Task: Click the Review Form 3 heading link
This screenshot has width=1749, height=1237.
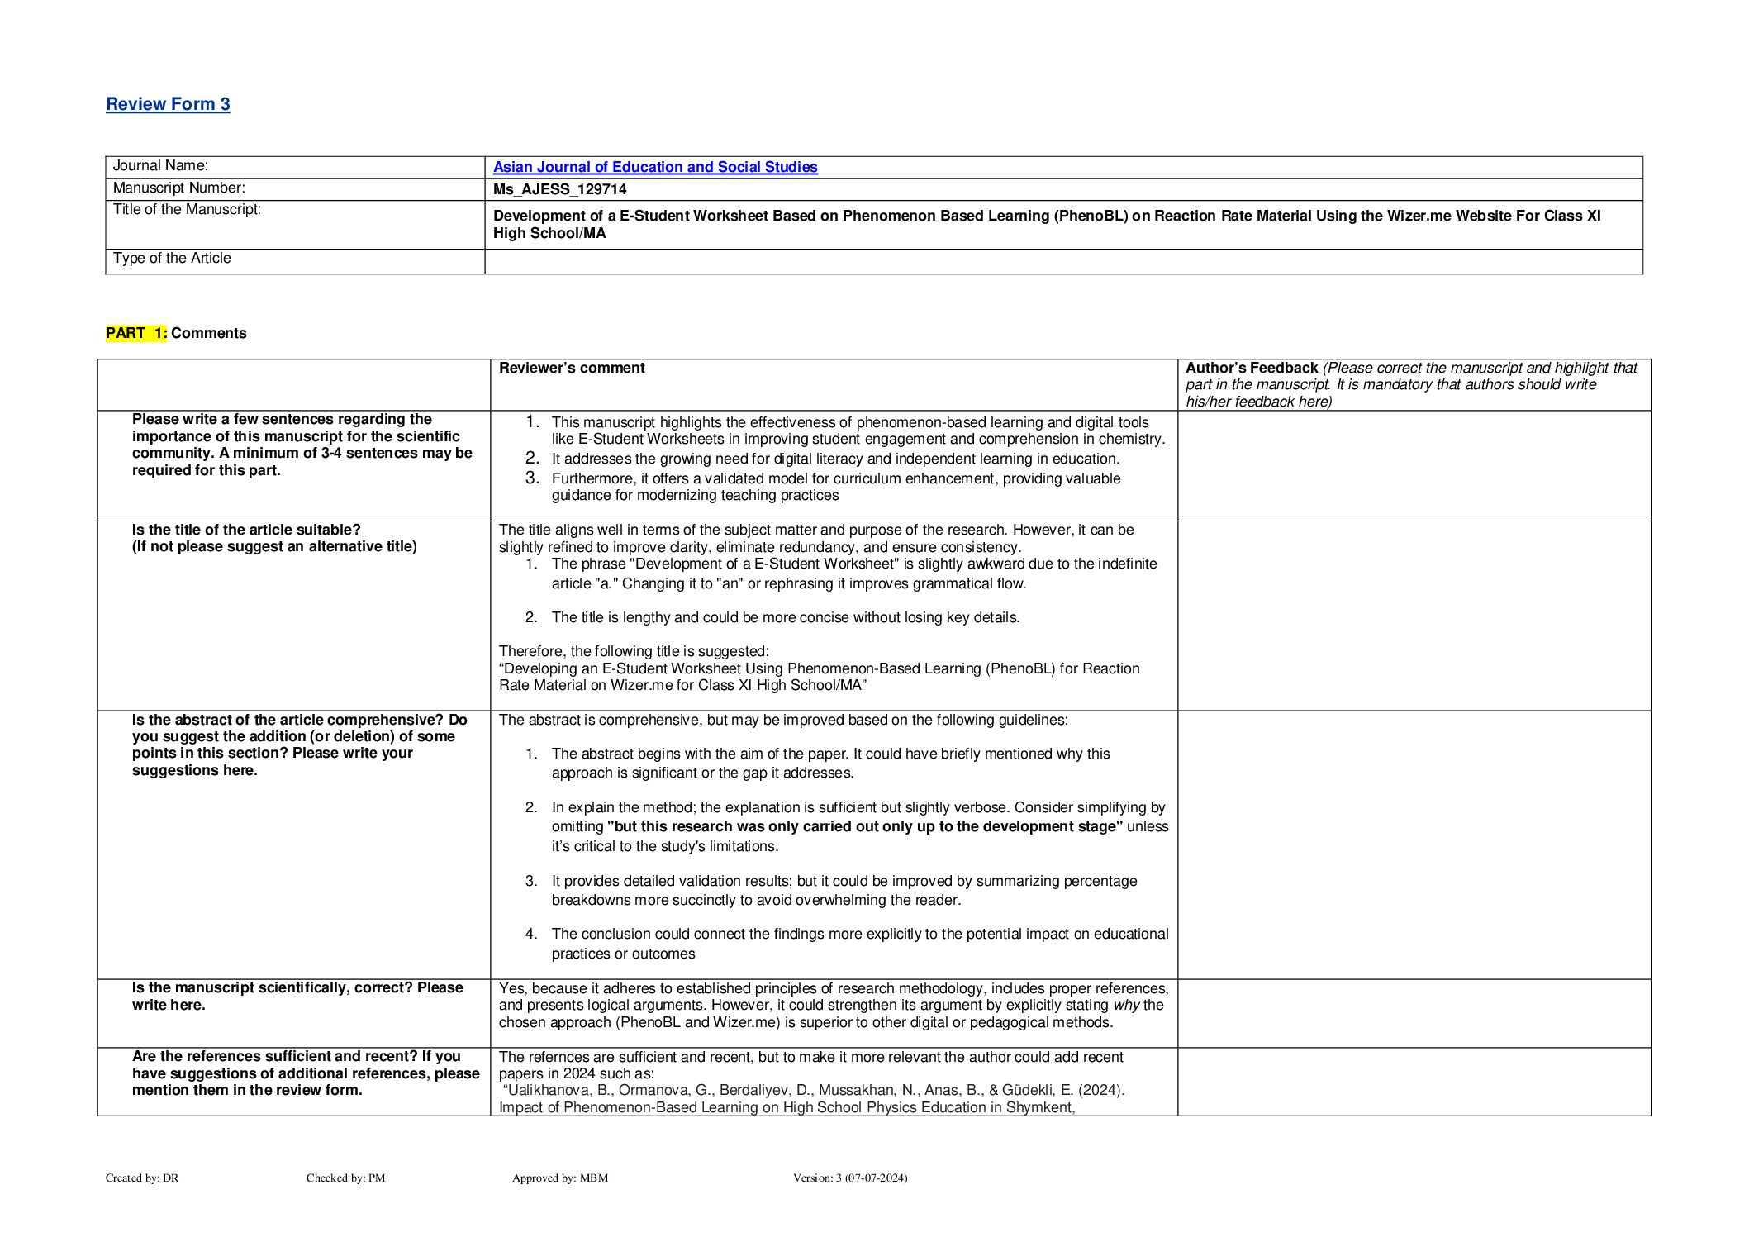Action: click(168, 104)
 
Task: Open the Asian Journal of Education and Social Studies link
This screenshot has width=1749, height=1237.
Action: click(655, 167)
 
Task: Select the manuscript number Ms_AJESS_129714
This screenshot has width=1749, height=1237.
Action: click(559, 189)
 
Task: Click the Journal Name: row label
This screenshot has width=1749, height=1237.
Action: click(160, 166)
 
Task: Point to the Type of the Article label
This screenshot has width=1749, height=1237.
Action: click(172, 259)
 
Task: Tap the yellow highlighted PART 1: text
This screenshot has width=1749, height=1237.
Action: click(136, 333)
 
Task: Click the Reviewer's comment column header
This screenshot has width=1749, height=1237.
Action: click(572, 368)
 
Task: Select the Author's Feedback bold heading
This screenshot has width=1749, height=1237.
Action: click(1251, 368)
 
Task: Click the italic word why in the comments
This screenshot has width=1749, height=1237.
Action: click(1126, 1006)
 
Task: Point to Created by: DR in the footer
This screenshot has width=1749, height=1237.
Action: click(142, 1178)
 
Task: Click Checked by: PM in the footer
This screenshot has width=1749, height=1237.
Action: click(345, 1178)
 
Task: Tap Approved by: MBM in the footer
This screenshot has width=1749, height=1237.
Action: click(559, 1178)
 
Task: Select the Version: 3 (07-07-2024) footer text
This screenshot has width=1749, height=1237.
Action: click(849, 1178)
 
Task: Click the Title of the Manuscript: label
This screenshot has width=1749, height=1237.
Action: click(187, 210)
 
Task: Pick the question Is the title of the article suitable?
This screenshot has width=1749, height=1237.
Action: click(246, 530)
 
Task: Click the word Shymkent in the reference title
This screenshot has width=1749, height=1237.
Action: click(1038, 1108)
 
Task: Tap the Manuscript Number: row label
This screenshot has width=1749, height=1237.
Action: click(178, 188)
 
